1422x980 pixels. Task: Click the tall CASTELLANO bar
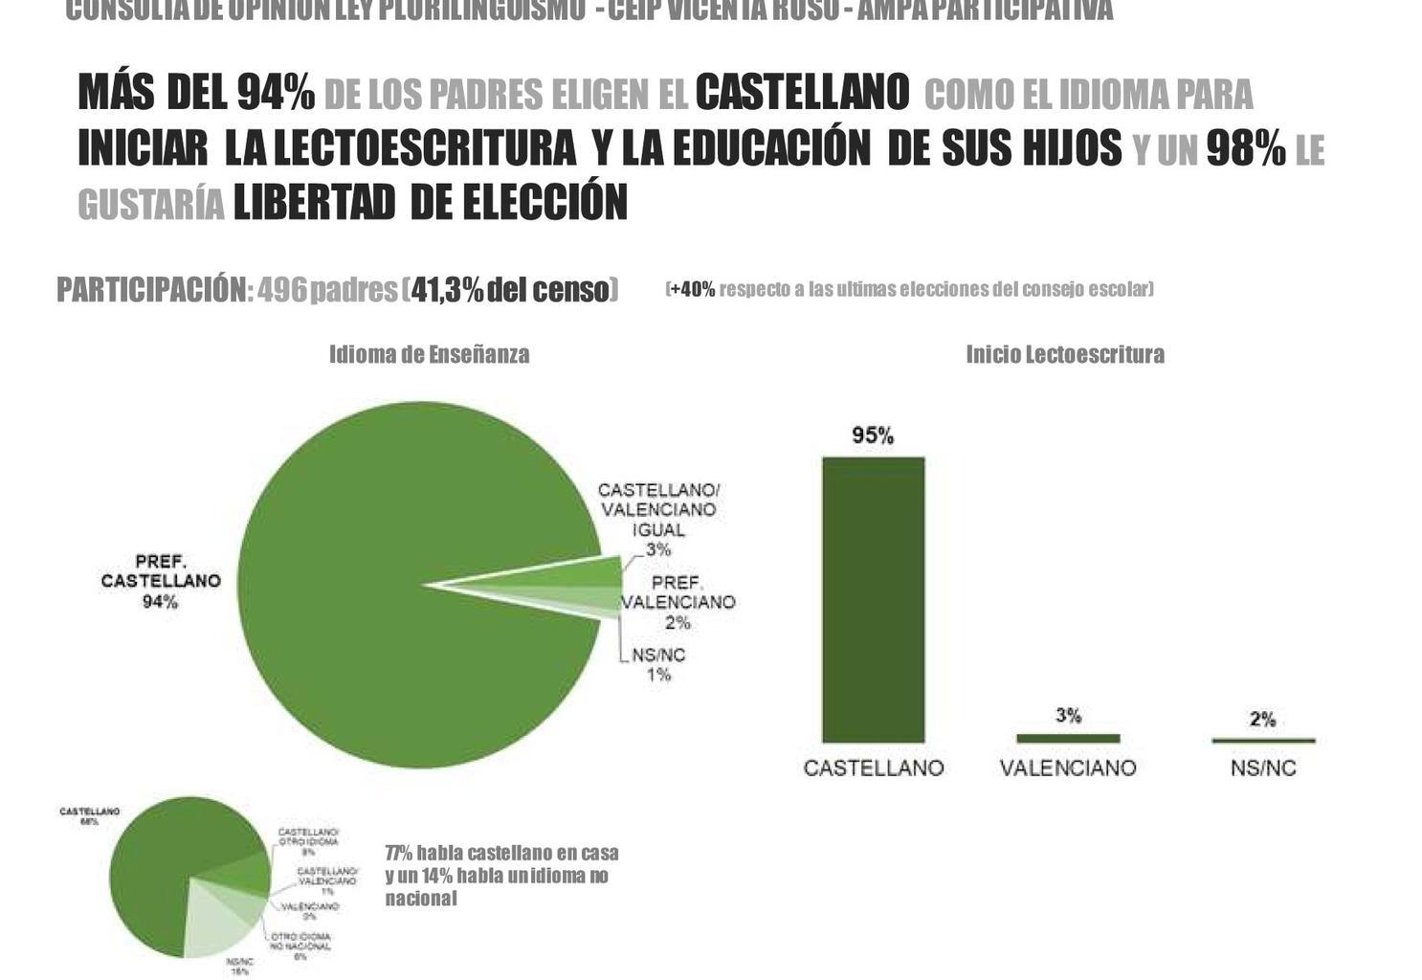pyautogui.click(x=873, y=599)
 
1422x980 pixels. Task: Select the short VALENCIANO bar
pyautogui.click(x=1068, y=738)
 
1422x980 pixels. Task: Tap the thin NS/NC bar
pyautogui.click(x=1263, y=740)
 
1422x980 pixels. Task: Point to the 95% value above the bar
pyautogui.click(x=873, y=436)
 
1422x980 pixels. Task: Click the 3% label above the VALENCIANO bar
pyautogui.click(x=1069, y=715)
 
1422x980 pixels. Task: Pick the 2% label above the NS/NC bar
pyautogui.click(x=1263, y=719)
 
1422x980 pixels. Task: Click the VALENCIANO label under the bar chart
pyautogui.click(x=1068, y=768)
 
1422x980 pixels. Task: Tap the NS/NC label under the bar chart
pyautogui.click(x=1263, y=768)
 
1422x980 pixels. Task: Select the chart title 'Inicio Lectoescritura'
pyautogui.click(x=1065, y=354)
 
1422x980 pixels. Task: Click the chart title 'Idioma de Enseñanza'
pyautogui.click(x=430, y=354)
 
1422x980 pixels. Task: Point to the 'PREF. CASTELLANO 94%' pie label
pyautogui.click(x=161, y=581)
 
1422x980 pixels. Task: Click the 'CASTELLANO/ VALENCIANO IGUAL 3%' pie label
pyautogui.click(x=658, y=519)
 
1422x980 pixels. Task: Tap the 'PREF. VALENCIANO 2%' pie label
pyautogui.click(x=678, y=602)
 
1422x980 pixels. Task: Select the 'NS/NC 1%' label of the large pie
pyautogui.click(x=658, y=665)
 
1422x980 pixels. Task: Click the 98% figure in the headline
pyautogui.click(x=1245, y=148)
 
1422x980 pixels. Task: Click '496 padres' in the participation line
pyautogui.click(x=327, y=289)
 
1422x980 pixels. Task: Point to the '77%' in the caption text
pyautogui.click(x=398, y=853)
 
